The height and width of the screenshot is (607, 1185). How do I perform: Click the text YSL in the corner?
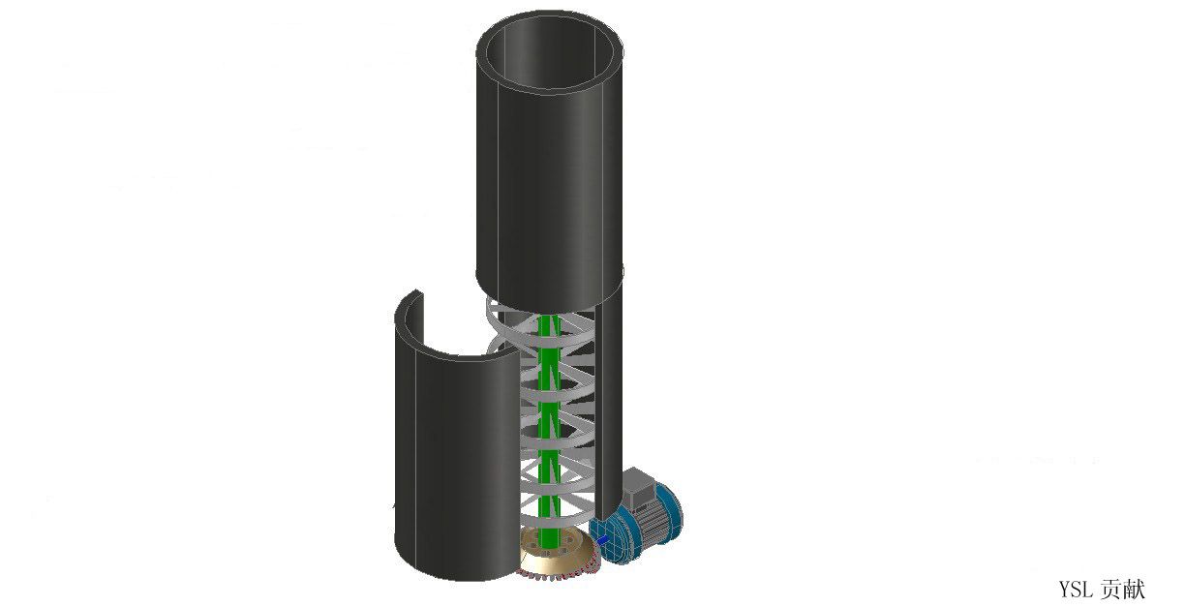[x=1075, y=589]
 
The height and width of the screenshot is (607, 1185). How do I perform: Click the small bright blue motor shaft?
[x=602, y=540]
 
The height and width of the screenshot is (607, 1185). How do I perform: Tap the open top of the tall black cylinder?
[x=549, y=52]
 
